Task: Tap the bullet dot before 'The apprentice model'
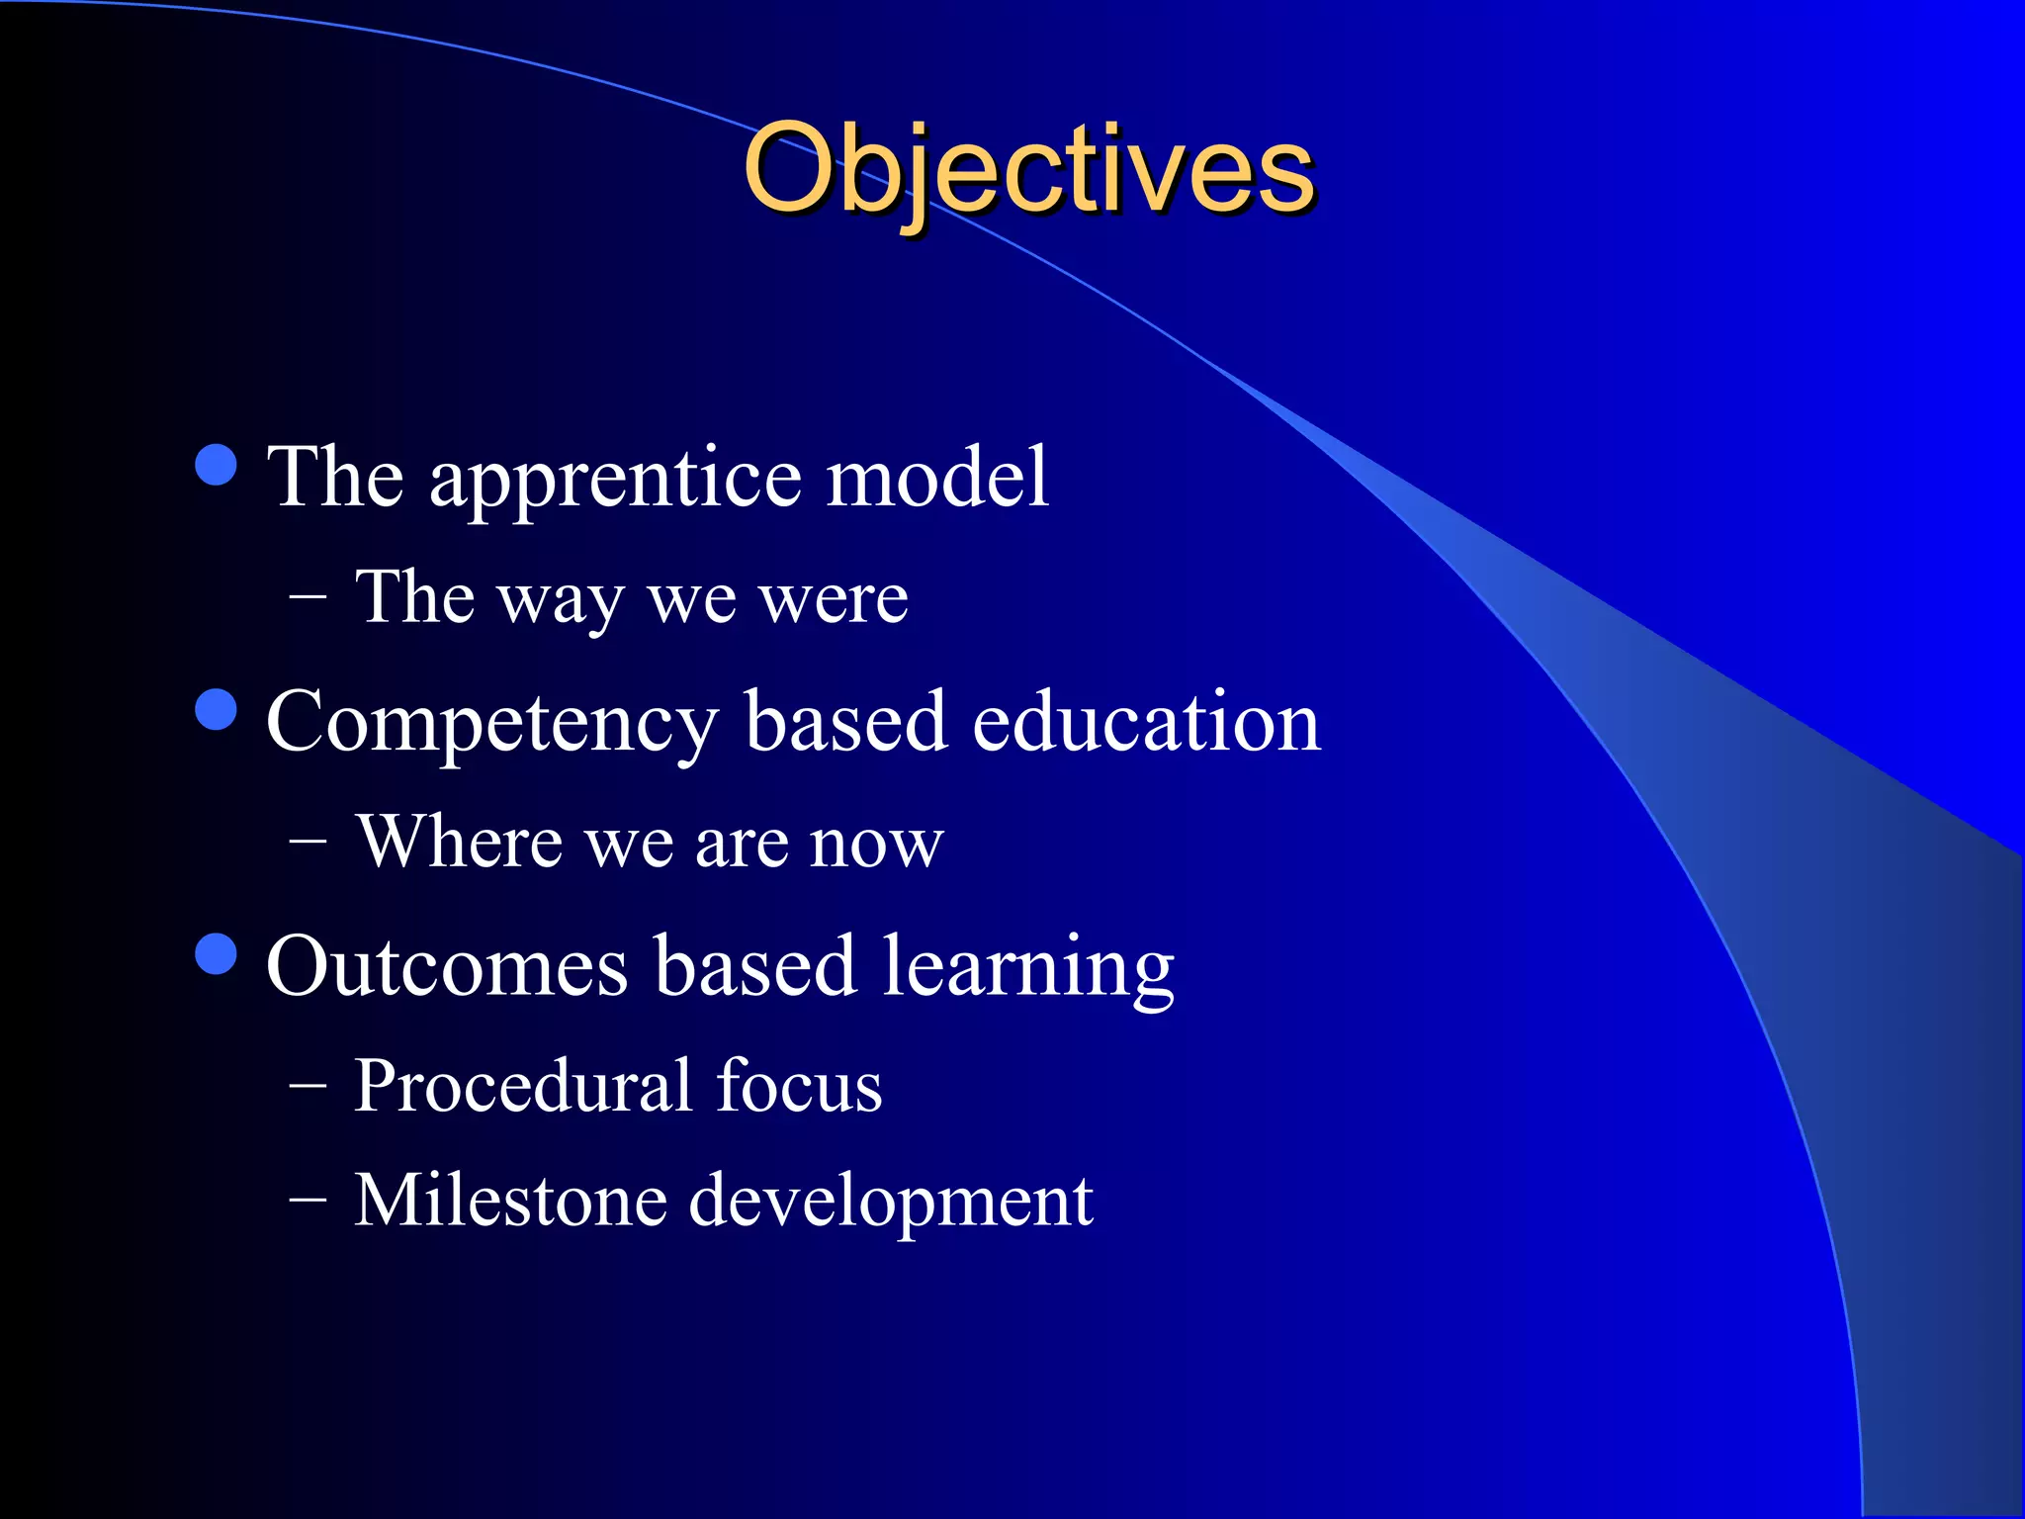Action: [x=217, y=465]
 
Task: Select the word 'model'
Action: [x=936, y=478]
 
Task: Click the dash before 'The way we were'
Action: [x=308, y=597]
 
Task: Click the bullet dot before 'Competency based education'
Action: [x=217, y=709]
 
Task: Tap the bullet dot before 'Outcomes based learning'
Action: [x=217, y=954]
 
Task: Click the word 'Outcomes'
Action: [x=447, y=967]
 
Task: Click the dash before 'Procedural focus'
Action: [x=308, y=1085]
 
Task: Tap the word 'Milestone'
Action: [x=510, y=1201]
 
